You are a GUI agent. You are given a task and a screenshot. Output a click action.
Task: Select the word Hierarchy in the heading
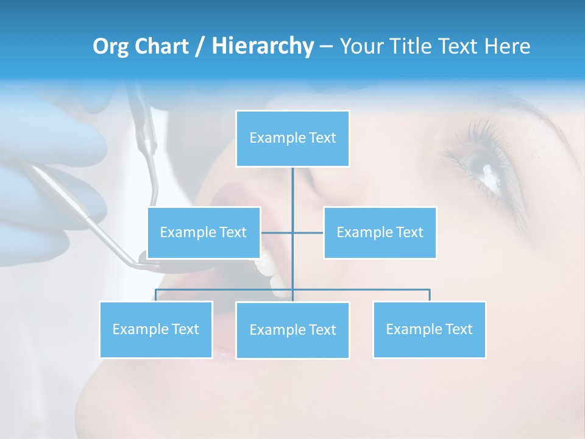[263, 46]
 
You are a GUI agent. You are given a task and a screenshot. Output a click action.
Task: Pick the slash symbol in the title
[200, 47]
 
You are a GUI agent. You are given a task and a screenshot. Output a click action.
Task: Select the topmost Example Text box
[292, 138]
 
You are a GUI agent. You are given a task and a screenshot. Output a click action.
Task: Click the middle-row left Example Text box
[204, 232]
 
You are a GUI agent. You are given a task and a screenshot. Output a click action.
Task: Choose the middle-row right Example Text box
[380, 232]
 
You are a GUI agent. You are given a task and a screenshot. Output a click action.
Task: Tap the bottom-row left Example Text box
[156, 329]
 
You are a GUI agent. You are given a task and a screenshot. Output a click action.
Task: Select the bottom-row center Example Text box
[292, 330]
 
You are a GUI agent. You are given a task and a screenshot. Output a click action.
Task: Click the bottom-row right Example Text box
[429, 329]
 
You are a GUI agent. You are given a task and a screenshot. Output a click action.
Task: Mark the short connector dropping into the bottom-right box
[429, 295]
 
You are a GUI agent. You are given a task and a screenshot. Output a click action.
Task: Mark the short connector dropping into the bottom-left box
[156, 295]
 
